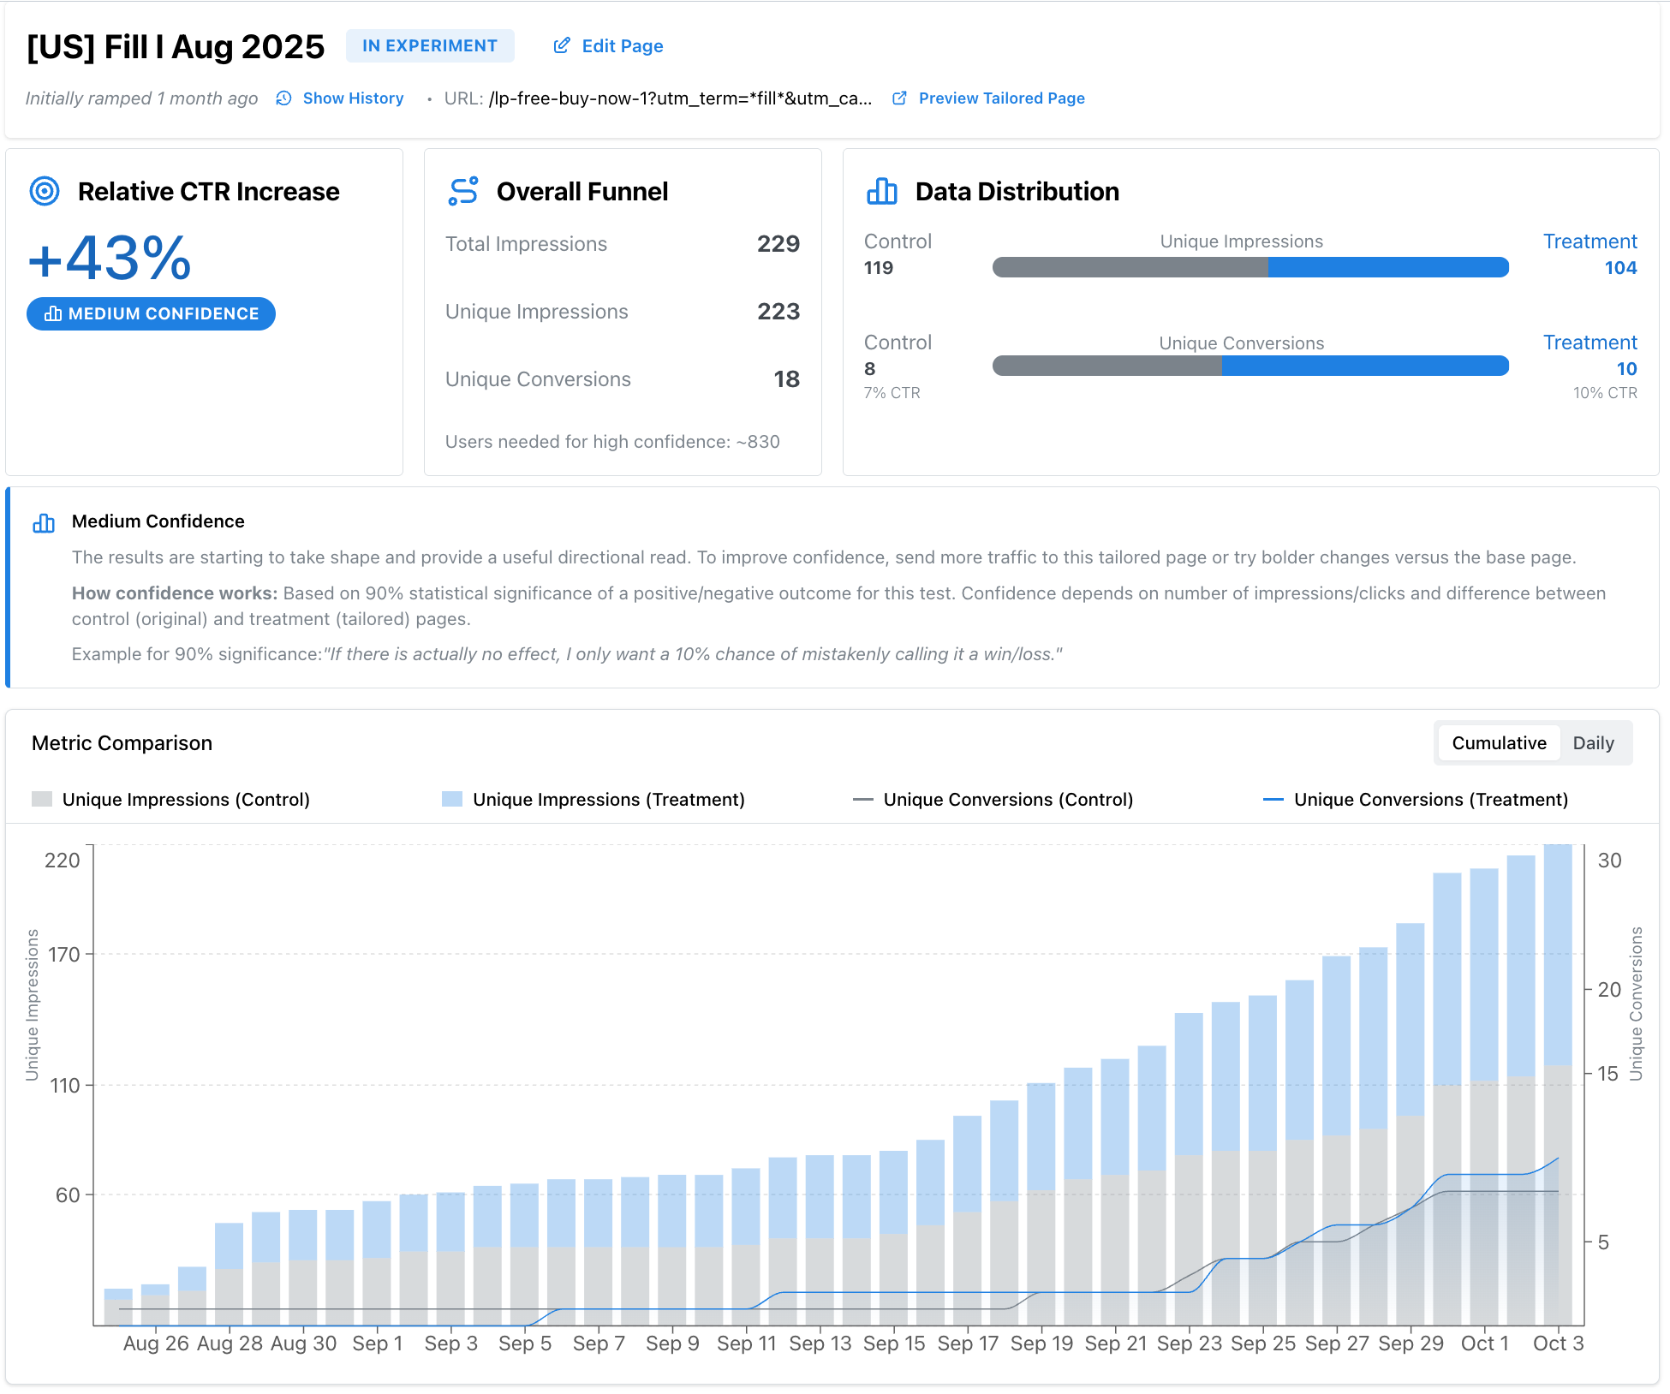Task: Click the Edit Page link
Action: tap(609, 46)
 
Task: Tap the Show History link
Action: tap(341, 98)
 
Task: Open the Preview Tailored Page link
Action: tap(989, 98)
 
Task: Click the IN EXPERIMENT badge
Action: tap(429, 46)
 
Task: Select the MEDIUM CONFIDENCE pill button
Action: tap(151, 314)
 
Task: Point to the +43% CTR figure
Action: tap(110, 259)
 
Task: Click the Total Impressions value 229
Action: tap(778, 244)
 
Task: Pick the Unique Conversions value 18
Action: tap(786, 379)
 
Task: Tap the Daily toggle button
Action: tap(1593, 743)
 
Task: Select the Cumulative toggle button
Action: tap(1499, 743)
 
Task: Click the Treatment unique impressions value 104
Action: tap(1620, 268)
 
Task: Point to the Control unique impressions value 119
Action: tap(879, 268)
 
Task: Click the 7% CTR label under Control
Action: tap(892, 393)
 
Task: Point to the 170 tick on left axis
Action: tap(63, 955)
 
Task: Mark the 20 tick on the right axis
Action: tap(1609, 990)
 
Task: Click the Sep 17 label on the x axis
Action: tap(968, 1343)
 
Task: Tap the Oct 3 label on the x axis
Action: tap(1558, 1343)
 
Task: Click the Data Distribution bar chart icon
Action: tap(881, 192)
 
